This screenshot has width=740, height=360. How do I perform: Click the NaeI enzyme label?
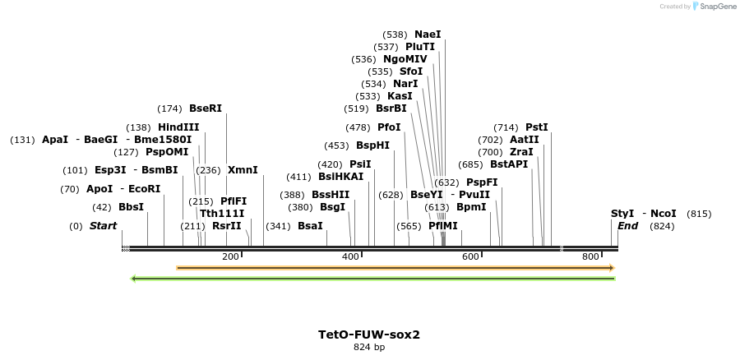point(428,35)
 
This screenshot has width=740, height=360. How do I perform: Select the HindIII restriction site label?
point(178,127)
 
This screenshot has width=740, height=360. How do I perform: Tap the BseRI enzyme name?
point(206,108)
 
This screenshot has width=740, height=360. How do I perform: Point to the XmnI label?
point(243,170)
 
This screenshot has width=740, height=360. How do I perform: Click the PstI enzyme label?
point(536,127)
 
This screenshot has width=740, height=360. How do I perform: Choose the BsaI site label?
point(310,226)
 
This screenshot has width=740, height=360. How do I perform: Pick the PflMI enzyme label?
point(442,226)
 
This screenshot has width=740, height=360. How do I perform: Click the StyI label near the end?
point(622,213)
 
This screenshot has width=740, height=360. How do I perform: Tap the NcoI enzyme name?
point(663,213)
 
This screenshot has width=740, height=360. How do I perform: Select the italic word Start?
point(104,226)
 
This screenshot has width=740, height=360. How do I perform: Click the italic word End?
point(627,226)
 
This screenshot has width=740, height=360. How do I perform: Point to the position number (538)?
point(395,35)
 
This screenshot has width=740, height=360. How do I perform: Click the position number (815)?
point(699,213)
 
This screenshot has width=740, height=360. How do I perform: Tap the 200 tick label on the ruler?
point(230,257)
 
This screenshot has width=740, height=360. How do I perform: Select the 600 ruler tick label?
point(470,257)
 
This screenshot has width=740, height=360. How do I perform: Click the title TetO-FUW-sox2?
point(369,335)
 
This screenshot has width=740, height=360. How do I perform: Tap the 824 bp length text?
point(369,348)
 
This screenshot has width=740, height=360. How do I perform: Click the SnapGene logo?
point(715,7)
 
